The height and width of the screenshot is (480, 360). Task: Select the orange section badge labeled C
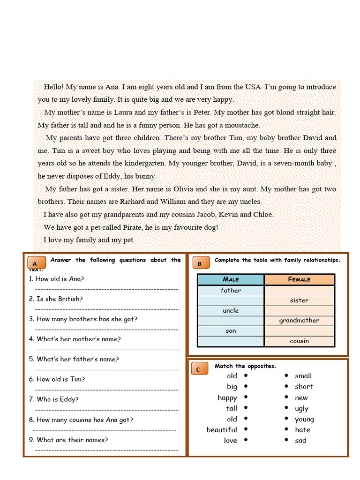[199, 369]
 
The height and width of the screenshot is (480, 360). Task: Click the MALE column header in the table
[231, 279]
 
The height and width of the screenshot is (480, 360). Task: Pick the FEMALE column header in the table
[299, 279]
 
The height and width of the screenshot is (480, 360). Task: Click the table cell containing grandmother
[299, 321]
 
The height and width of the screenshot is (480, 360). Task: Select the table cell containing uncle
[231, 310]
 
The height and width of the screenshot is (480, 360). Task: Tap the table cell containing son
[231, 331]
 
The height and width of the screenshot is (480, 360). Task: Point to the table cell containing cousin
[299, 341]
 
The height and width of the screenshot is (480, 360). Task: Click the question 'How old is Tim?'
[57, 379]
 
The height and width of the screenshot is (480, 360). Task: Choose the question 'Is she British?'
[55, 299]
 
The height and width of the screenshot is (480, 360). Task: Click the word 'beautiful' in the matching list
[222, 430]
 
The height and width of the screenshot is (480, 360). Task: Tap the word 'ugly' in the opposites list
[301, 409]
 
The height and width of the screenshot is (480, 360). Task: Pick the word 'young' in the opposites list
[304, 420]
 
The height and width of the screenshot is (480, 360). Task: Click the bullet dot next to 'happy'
[246, 397]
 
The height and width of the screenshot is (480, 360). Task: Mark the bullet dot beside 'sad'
[286, 440]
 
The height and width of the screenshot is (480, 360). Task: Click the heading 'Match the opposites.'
[245, 366]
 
